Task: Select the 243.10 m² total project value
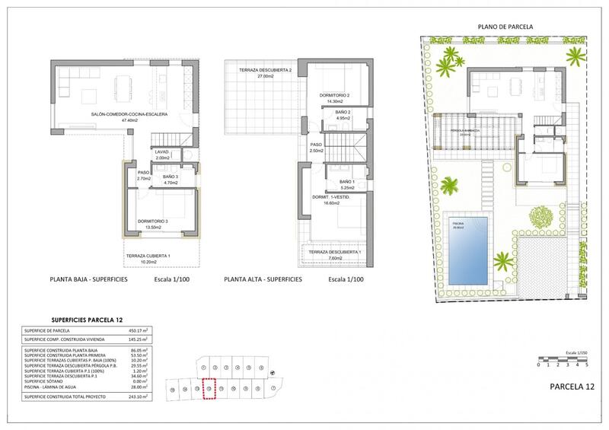[134, 397]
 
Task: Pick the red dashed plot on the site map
[209, 389]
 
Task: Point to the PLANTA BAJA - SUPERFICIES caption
[88, 280]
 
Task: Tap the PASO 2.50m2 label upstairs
[317, 147]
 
